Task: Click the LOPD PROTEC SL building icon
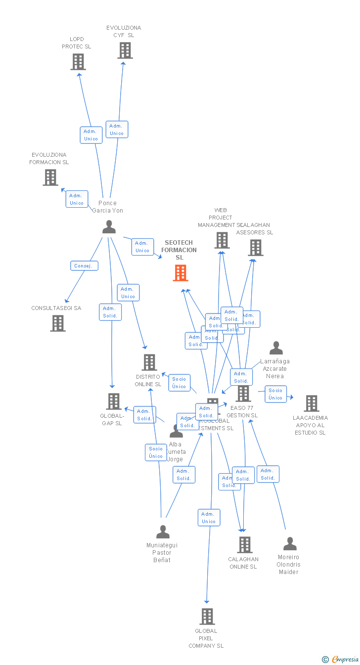click(78, 62)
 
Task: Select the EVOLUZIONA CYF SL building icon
click(125, 50)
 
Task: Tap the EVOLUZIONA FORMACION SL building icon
click(50, 177)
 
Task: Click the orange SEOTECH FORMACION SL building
click(180, 273)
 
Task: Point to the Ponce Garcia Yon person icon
click(109, 227)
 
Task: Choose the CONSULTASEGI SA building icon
click(58, 323)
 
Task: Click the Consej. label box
click(84, 266)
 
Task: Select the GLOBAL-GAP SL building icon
click(114, 401)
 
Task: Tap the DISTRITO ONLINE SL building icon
click(149, 362)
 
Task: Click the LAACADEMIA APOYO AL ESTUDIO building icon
click(311, 403)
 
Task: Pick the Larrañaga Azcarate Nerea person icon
click(276, 349)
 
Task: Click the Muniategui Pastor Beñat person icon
click(163, 532)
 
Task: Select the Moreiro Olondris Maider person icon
click(290, 544)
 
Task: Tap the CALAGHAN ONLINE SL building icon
click(244, 545)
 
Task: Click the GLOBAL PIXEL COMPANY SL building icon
click(207, 617)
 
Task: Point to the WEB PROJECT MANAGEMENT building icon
click(222, 240)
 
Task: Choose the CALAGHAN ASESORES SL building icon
click(255, 248)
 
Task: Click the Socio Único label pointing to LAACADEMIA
click(275, 394)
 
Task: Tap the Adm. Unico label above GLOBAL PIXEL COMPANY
click(209, 518)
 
